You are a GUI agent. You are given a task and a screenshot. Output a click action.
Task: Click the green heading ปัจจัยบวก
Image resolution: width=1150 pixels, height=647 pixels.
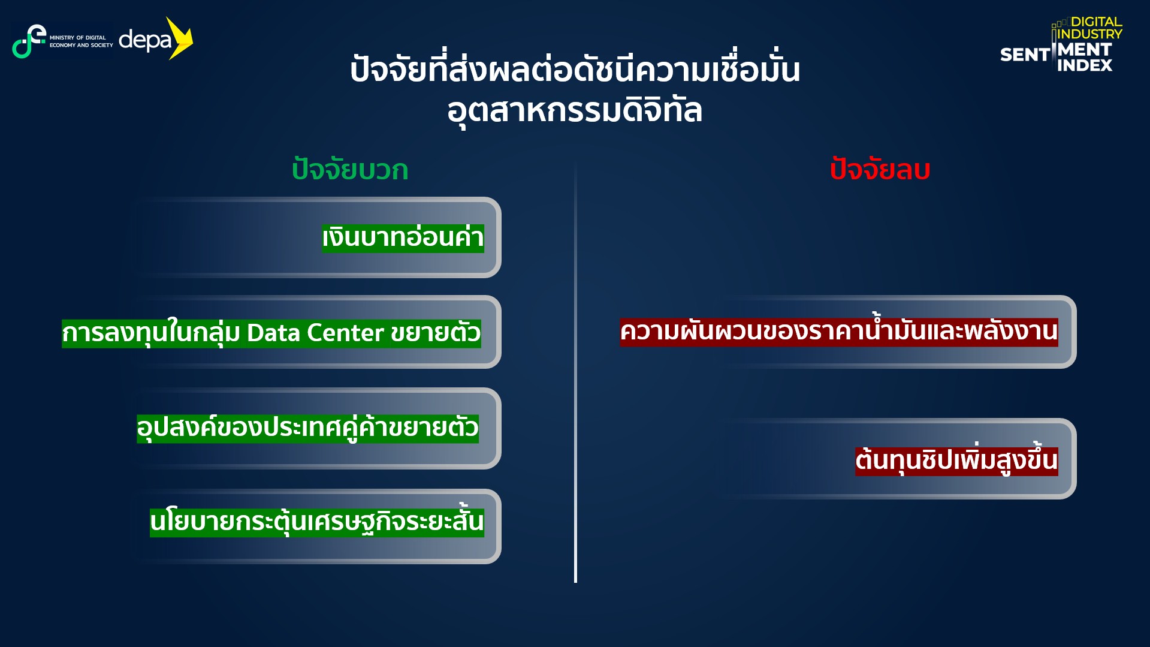(x=350, y=170)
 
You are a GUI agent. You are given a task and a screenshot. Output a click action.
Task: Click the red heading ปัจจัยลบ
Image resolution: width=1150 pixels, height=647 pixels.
(x=880, y=170)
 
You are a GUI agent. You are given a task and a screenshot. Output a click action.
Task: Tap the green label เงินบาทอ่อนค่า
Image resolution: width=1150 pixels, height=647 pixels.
(x=403, y=237)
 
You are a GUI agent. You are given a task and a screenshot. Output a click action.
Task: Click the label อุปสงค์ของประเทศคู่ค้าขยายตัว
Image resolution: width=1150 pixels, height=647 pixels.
(x=307, y=428)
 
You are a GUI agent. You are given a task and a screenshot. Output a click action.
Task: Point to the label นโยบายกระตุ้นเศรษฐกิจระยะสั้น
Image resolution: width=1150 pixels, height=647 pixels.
(x=317, y=520)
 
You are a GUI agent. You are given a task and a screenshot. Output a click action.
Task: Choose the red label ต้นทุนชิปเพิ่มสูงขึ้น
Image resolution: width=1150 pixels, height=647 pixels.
(x=956, y=461)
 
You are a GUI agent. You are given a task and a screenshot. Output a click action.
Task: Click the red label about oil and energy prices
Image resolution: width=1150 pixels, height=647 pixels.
(x=839, y=331)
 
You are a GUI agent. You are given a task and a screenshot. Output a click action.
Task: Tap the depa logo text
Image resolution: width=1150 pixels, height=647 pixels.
(x=146, y=41)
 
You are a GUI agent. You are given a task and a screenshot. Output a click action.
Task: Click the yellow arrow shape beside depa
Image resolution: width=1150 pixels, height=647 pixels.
(x=180, y=38)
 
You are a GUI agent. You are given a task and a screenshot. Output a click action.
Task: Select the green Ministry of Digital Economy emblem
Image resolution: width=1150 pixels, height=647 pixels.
(x=28, y=41)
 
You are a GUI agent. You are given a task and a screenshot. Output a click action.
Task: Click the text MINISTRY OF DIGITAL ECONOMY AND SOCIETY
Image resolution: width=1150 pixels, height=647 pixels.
(x=81, y=41)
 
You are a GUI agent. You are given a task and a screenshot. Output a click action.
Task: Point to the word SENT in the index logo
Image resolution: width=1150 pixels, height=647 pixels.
(x=1025, y=55)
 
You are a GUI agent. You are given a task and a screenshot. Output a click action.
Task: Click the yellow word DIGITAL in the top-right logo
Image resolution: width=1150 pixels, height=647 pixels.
(x=1097, y=22)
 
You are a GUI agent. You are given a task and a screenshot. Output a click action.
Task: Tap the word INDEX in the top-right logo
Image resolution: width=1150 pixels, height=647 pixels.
(x=1085, y=65)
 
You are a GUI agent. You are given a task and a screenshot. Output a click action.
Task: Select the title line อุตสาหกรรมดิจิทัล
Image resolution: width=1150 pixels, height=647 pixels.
(x=575, y=110)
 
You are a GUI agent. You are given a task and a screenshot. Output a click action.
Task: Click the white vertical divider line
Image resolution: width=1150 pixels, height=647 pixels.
(x=575, y=372)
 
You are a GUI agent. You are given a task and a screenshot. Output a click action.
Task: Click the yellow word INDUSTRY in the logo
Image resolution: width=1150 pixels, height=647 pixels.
(x=1090, y=34)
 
